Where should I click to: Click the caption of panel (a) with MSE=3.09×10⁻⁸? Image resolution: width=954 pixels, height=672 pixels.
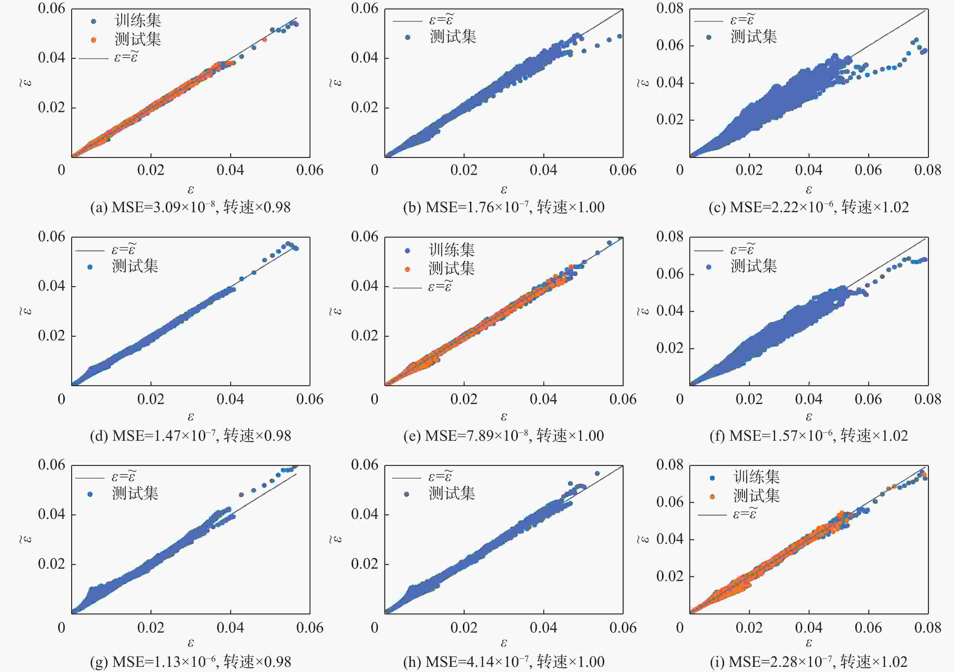click(190, 207)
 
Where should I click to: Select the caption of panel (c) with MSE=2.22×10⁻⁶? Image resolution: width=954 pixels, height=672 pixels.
click(809, 207)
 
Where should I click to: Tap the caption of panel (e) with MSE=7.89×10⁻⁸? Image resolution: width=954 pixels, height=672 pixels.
click(504, 435)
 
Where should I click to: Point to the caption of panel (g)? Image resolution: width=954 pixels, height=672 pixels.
click(190, 661)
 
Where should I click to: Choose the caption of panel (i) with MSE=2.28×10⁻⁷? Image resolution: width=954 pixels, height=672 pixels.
click(809, 661)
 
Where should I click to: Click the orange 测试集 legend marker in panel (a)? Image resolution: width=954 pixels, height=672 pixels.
click(94, 40)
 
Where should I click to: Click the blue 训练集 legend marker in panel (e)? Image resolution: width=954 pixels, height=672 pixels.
click(407, 251)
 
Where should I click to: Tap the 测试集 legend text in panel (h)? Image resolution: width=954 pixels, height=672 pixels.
click(452, 493)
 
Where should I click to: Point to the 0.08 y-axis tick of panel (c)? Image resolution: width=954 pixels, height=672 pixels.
click(670, 8)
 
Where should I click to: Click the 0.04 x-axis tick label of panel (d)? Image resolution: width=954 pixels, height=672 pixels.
click(230, 399)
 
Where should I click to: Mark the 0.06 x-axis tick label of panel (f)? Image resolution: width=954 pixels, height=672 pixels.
click(868, 399)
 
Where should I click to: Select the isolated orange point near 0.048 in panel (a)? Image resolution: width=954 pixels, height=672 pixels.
click(265, 40)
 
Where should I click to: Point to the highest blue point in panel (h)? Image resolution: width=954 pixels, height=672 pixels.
click(597, 473)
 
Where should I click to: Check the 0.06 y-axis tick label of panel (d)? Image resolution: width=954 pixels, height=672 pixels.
click(51, 237)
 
